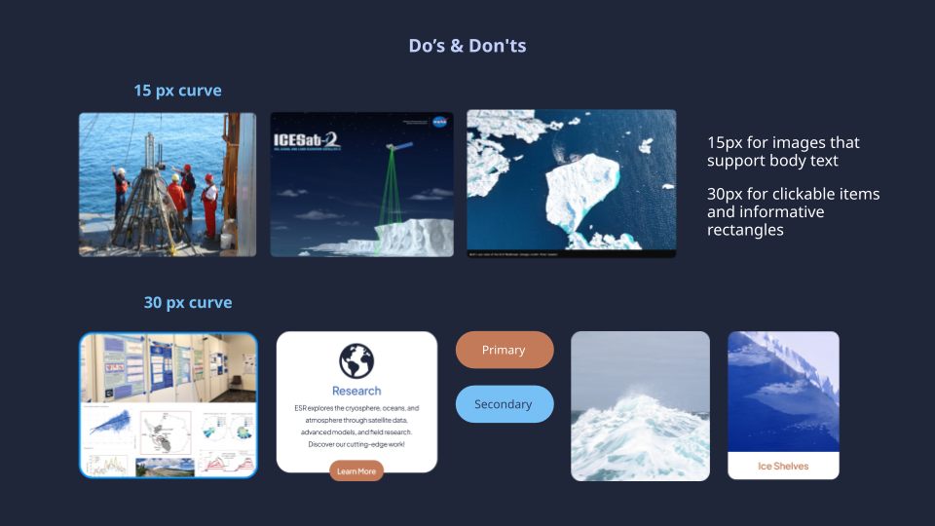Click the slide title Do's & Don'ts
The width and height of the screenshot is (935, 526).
click(x=467, y=46)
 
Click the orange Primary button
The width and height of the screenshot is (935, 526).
click(x=504, y=350)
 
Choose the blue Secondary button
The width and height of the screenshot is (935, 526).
click(x=504, y=404)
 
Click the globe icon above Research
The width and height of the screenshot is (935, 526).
click(x=356, y=360)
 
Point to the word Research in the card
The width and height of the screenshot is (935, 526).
click(x=356, y=391)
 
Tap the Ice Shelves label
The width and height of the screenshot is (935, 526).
click(x=783, y=466)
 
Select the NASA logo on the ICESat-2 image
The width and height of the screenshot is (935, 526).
click(x=439, y=123)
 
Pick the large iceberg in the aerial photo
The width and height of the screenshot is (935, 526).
click(x=581, y=190)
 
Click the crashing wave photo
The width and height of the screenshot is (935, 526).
click(x=640, y=406)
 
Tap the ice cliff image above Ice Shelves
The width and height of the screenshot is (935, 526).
click(x=783, y=390)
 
